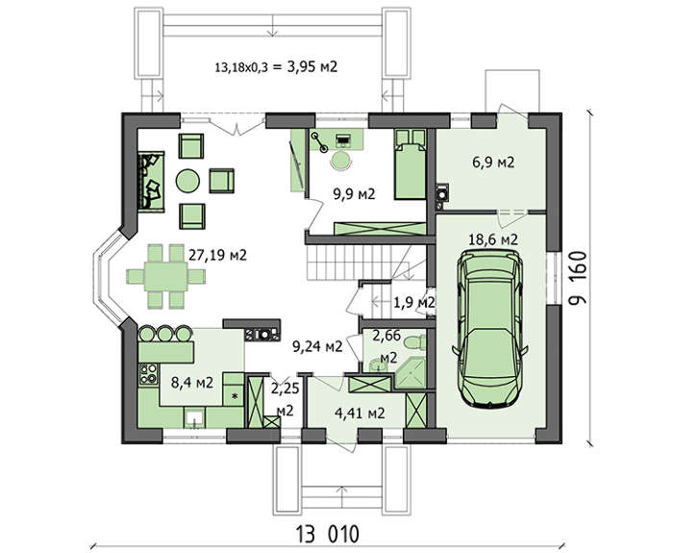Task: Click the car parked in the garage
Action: click(x=489, y=329)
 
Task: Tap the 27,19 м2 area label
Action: click(x=217, y=256)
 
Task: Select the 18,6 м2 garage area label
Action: click(x=492, y=239)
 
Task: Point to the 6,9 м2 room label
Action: click(x=493, y=163)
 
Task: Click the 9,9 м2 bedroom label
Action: click(x=355, y=194)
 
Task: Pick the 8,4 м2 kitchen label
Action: click(x=192, y=382)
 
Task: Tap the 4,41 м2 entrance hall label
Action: click(x=360, y=413)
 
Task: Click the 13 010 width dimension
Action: click(x=327, y=535)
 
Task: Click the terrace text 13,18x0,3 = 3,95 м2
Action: click(x=276, y=67)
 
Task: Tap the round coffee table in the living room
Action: click(x=187, y=181)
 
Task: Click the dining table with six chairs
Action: click(x=166, y=276)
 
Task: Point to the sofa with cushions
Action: click(x=151, y=181)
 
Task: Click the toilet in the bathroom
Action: click(x=414, y=342)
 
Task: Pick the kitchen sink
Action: click(x=194, y=417)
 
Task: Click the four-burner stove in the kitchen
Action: click(x=148, y=373)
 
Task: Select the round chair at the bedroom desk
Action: click(x=341, y=161)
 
